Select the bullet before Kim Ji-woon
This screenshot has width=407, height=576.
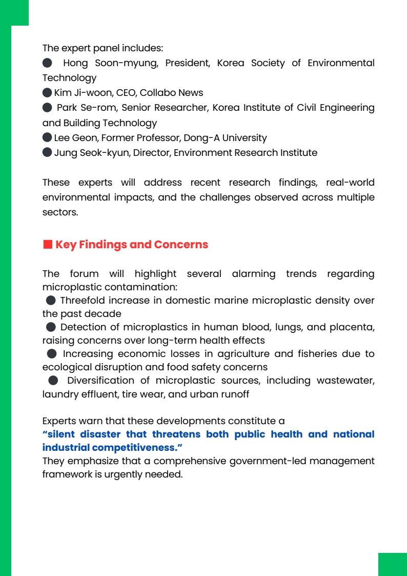(x=47, y=93)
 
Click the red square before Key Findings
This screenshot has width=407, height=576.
(x=47, y=245)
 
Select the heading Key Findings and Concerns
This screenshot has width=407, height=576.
(x=132, y=245)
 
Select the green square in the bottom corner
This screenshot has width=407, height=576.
(x=392, y=564)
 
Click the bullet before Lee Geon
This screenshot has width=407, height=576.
(x=47, y=138)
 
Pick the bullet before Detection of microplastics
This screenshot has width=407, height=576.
(x=51, y=327)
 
